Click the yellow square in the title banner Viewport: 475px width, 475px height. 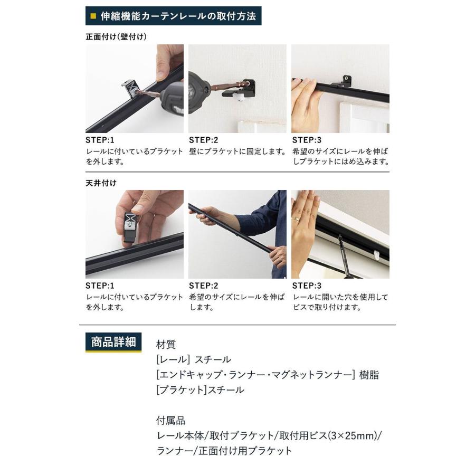click(x=93, y=16)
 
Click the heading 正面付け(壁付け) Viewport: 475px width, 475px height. click(x=116, y=37)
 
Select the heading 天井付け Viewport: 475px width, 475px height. click(x=101, y=183)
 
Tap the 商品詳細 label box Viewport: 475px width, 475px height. click(x=113, y=342)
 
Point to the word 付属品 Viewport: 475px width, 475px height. click(x=170, y=421)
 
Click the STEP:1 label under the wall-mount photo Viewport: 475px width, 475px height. click(x=100, y=140)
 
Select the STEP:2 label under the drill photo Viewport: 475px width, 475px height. click(x=203, y=140)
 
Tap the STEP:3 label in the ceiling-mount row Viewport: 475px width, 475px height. click(x=306, y=286)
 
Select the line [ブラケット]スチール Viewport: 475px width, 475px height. click(x=200, y=390)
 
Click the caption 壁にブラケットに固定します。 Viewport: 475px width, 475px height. click(x=237, y=152)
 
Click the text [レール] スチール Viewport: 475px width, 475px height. click(x=193, y=360)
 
